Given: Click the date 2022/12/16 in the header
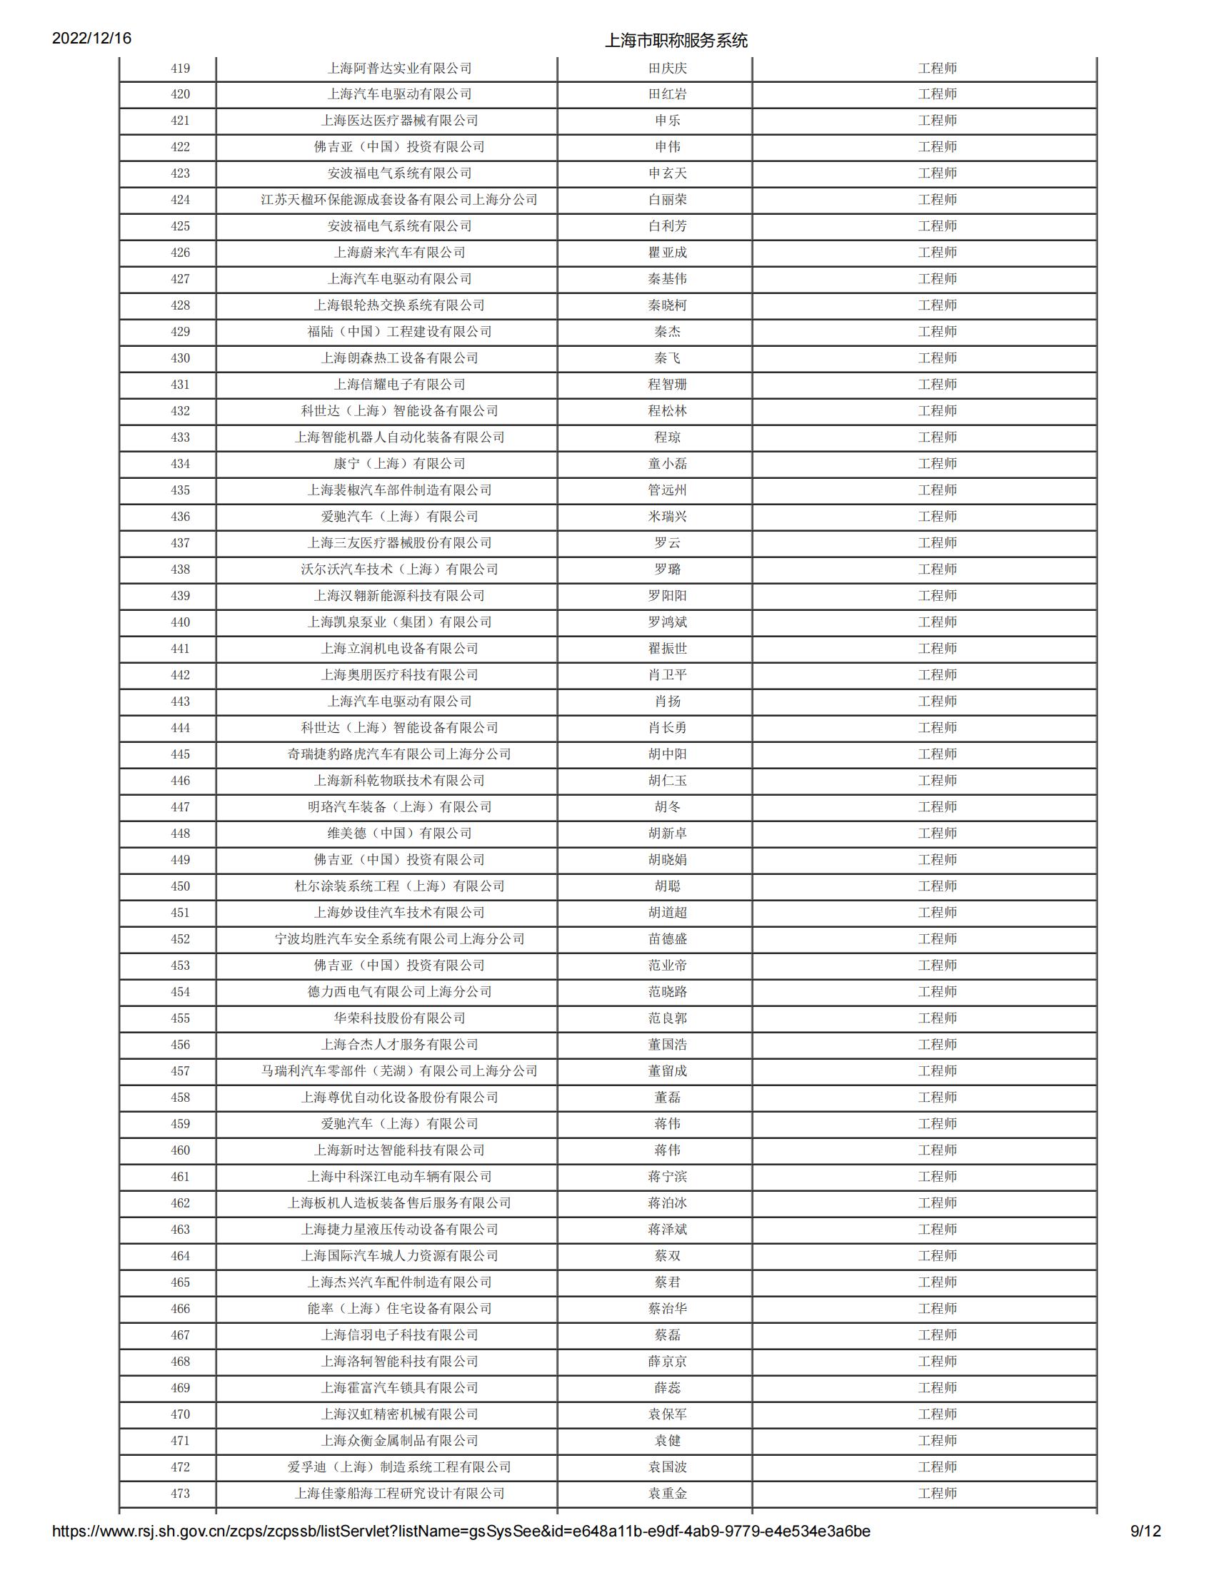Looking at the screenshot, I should coord(91,38).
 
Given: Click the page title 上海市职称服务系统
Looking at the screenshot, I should coord(676,40).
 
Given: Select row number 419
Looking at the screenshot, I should coord(180,69).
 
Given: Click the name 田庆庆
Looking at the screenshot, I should coord(668,69).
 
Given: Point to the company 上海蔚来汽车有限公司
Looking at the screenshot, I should coord(399,253).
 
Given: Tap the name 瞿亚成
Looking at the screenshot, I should coord(668,253).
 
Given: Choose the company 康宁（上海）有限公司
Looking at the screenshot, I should coord(399,464).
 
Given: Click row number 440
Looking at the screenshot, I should coord(180,622).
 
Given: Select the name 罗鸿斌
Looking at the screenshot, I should coord(668,622).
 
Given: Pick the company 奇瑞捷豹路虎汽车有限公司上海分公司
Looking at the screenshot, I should coord(399,754).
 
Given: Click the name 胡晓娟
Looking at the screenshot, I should coord(668,860).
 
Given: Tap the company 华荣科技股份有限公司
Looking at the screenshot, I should coord(399,1018).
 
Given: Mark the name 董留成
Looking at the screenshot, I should coord(668,1071).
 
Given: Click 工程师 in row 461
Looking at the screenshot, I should coord(937,1177).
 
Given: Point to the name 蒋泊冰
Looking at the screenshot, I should coord(668,1202).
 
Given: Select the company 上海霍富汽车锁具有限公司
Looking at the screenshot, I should coord(399,1388).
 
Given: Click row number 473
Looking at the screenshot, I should coord(180,1493).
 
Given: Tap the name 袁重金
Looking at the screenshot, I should coord(668,1493).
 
